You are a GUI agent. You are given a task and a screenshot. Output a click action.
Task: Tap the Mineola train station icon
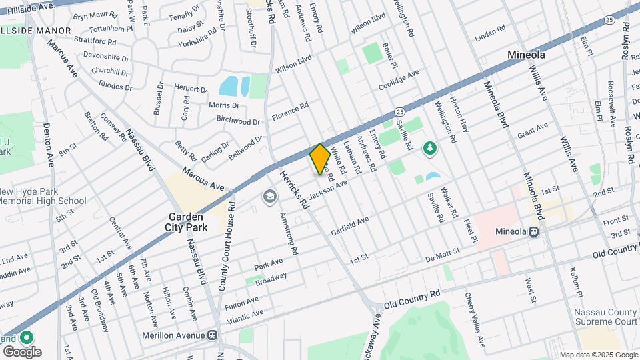click(533, 232)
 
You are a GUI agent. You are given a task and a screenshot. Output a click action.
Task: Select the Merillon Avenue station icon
click(213, 335)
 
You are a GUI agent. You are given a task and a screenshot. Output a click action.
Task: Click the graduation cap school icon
click(269, 196)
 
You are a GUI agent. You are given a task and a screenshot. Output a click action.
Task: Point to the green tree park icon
click(430, 147)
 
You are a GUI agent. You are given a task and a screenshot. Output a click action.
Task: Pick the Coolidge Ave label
click(399, 80)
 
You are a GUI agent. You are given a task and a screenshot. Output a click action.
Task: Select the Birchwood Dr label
click(239, 121)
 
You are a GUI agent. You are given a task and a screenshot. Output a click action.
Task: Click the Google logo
click(22, 351)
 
